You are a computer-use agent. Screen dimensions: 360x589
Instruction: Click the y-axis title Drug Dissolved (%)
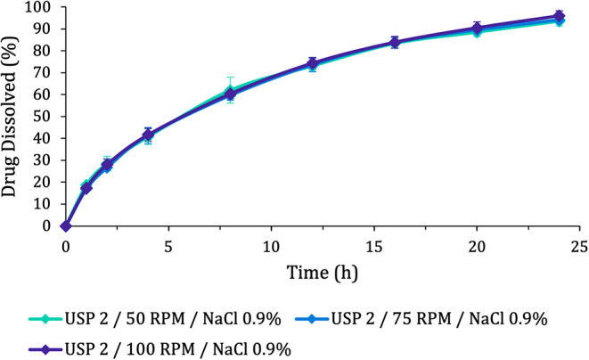tap(12, 117)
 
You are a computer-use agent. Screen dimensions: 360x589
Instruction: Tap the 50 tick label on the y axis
tap(45, 117)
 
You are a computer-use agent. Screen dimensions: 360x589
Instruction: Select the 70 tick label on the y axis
tap(45, 73)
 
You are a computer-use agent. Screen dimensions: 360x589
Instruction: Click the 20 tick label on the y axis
tap(45, 182)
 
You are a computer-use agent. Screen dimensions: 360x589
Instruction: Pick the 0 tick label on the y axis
tap(48, 225)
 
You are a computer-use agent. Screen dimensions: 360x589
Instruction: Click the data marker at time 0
tap(65, 225)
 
